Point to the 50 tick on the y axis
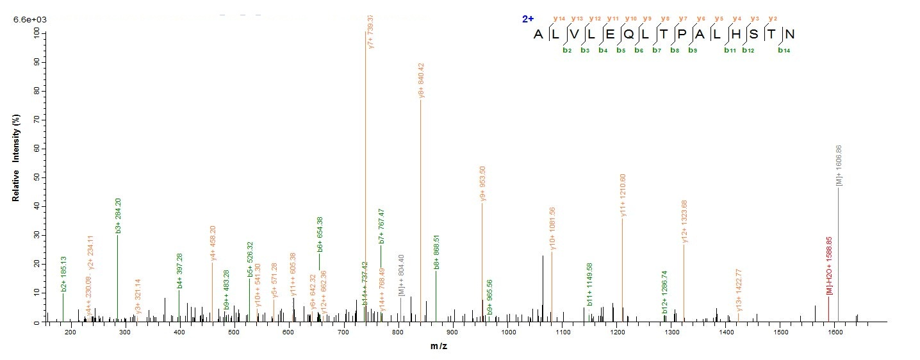[38, 177]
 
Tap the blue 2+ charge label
[528, 19]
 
